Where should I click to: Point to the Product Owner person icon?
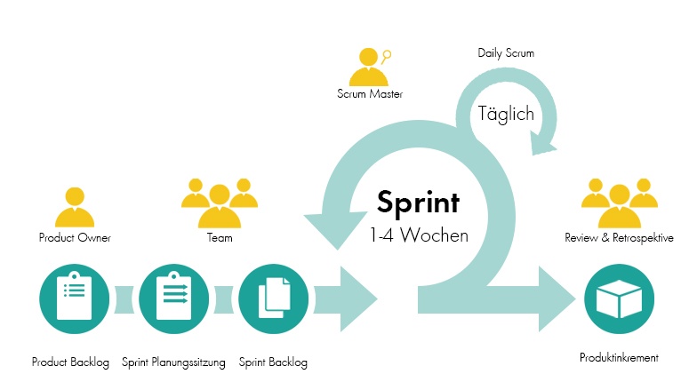pyautogui.click(x=75, y=207)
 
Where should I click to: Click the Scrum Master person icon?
pyautogui.click(x=370, y=66)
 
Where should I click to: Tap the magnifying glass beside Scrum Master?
pyautogui.click(x=388, y=54)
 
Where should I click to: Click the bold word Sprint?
pyautogui.click(x=418, y=202)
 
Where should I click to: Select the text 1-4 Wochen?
pyautogui.click(x=418, y=236)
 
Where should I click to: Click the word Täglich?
pyautogui.click(x=506, y=114)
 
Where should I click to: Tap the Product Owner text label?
pyautogui.click(x=75, y=238)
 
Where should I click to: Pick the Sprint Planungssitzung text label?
pyautogui.click(x=173, y=362)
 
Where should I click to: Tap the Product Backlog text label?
pyautogui.click(x=71, y=362)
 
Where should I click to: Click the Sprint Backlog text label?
pyautogui.click(x=273, y=362)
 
